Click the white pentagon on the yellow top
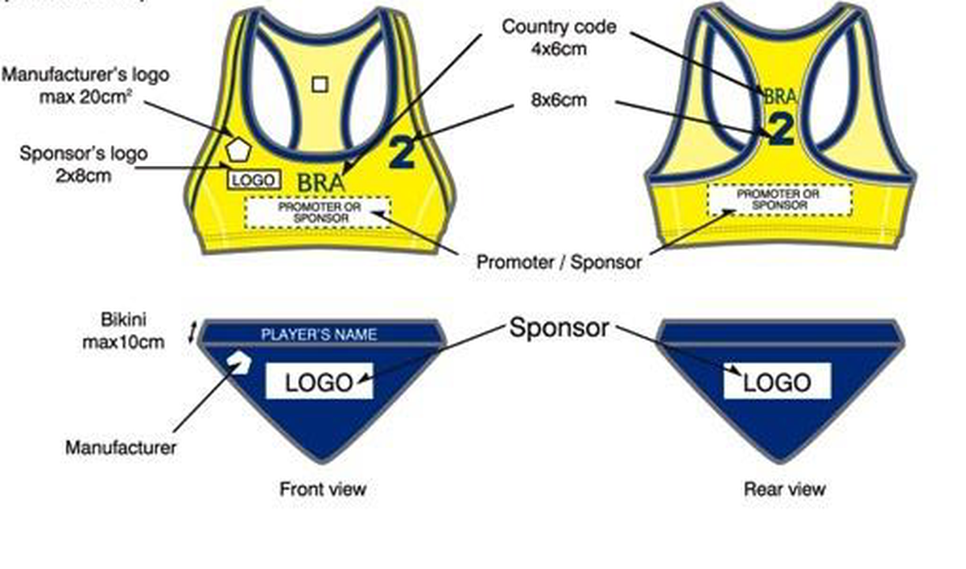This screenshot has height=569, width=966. click(x=238, y=149)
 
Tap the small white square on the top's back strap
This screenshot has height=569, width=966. click(x=320, y=85)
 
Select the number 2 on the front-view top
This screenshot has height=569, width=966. click(x=402, y=152)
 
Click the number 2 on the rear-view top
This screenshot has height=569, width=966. click(x=781, y=129)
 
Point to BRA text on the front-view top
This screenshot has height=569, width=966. click(x=321, y=183)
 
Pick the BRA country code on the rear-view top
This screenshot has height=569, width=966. click(x=780, y=97)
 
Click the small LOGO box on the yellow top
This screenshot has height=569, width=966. click(x=254, y=179)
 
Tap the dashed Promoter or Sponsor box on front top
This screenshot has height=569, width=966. click(x=318, y=212)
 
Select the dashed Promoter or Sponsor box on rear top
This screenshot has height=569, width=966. click(x=780, y=200)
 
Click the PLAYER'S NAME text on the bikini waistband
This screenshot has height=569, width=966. click(x=319, y=335)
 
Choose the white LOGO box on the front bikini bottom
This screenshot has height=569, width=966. click(x=319, y=381)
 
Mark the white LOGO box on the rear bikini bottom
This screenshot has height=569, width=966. click(x=777, y=381)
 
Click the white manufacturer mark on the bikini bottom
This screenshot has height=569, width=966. click(x=239, y=362)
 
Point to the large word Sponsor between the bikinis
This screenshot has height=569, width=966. click(x=559, y=328)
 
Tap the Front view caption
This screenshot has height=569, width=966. click(x=323, y=489)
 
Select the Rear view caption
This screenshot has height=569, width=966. click(x=785, y=489)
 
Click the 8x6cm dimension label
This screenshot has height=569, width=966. click(x=559, y=100)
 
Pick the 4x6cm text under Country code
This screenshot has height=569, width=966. click(x=559, y=49)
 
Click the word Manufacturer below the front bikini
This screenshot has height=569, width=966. click(x=121, y=447)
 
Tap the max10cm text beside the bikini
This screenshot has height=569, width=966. click(x=123, y=342)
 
